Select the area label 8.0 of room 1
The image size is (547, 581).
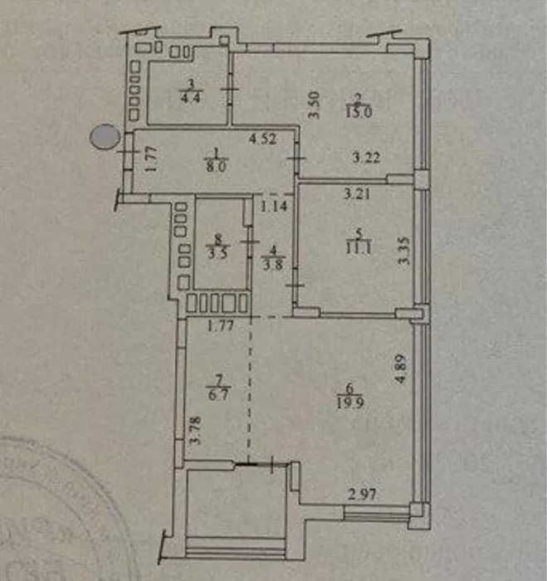coord(217,165)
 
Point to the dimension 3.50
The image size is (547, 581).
coord(314,105)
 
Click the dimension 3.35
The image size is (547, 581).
coord(404,249)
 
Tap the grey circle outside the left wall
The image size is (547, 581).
coord(105,135)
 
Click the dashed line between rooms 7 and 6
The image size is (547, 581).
coord(248,390)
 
